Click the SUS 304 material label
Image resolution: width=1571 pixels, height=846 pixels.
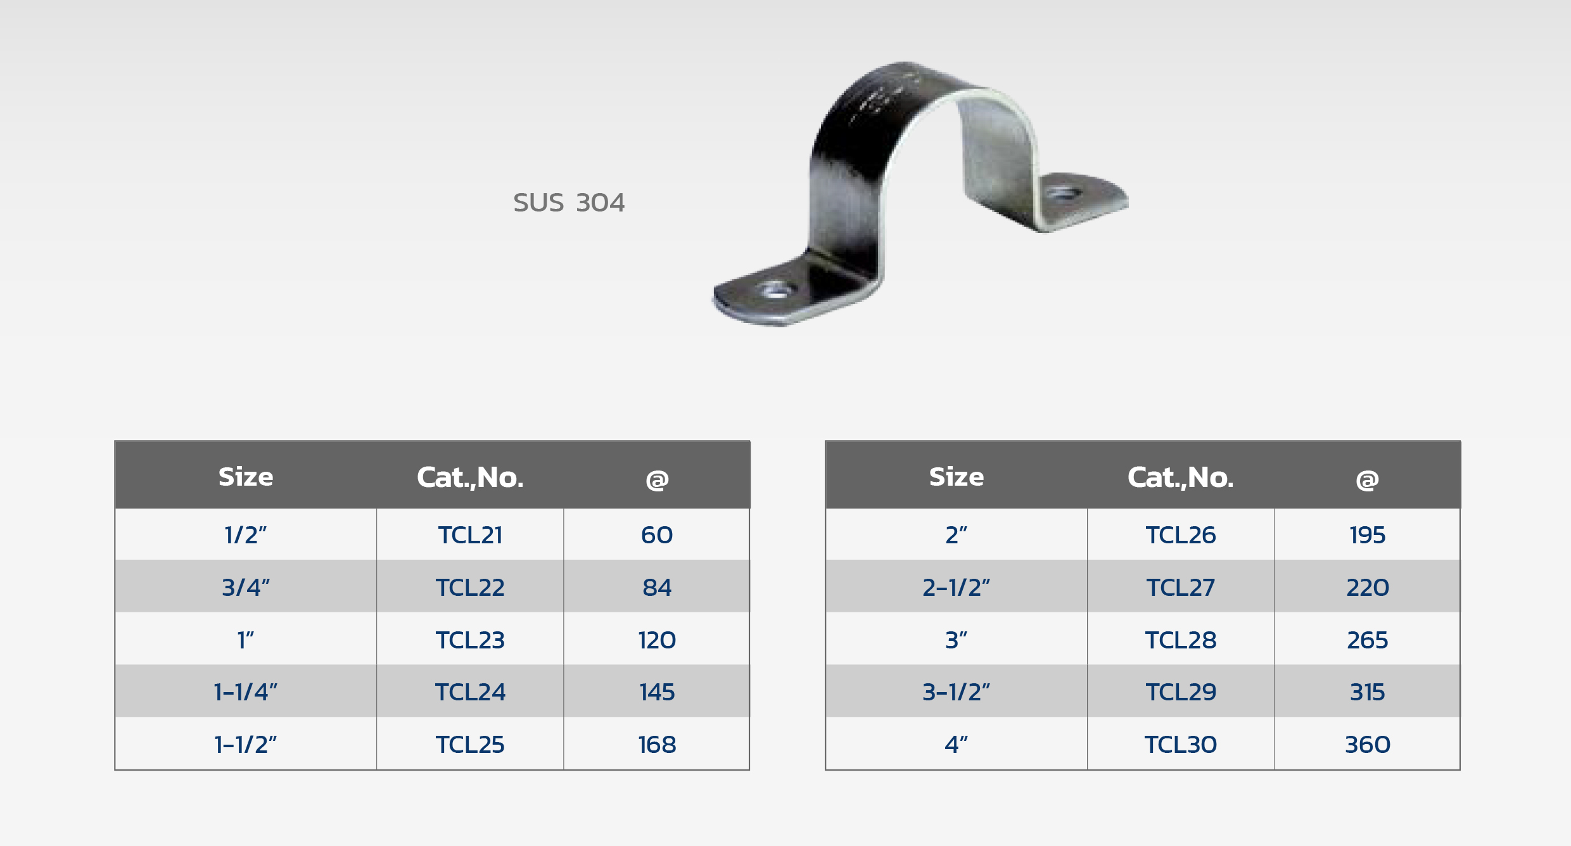[x=569, y=203]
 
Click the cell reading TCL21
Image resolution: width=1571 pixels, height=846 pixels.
[x=470, y=535]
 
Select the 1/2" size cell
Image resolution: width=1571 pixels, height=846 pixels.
[x=246, y=535]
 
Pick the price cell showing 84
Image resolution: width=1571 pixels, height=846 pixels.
[x=657, y=588]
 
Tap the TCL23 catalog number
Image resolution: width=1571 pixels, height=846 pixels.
[x=470, y=640]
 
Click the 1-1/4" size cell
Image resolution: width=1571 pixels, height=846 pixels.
[x=246, y=692]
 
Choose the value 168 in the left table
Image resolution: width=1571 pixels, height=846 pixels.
[x=657, y=745]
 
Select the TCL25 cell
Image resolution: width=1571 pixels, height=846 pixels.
[x=470, y=745]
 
